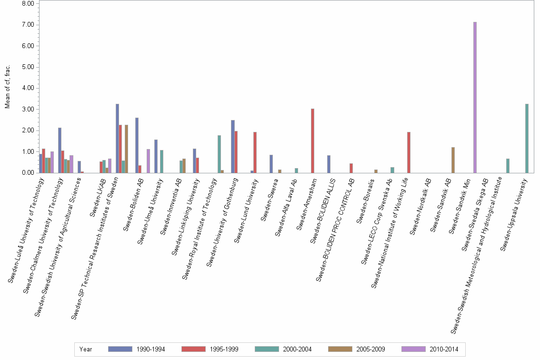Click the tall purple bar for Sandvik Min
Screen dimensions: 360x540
pos(475,98)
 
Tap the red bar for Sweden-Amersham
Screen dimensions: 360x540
pos(312,141)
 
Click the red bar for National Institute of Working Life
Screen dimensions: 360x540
pos(409,152)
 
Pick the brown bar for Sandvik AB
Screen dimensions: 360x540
pos(453,160)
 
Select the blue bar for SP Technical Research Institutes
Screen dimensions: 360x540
pos(117,139)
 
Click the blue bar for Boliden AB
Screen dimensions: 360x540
pos(137,145)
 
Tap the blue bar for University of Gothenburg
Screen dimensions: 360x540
pos(232,147)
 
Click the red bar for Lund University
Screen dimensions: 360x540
pos(255,152)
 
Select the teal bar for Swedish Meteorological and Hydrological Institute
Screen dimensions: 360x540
pos(508,166)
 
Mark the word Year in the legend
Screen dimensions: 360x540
pos(86,349)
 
